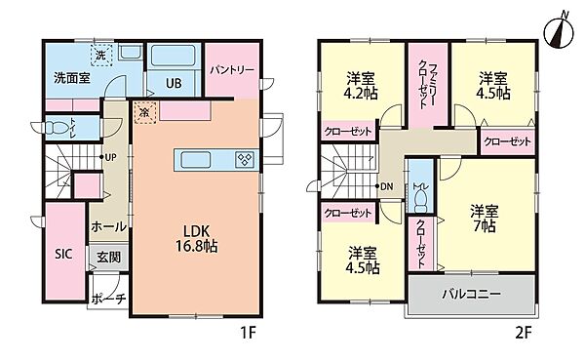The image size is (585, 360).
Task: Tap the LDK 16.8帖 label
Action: point(196,240)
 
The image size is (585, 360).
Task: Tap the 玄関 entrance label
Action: point(107,258)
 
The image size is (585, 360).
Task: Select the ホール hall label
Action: point(107,226)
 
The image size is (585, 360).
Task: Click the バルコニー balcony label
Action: point(471,293)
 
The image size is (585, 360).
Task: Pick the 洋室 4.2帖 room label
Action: point(361,87)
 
